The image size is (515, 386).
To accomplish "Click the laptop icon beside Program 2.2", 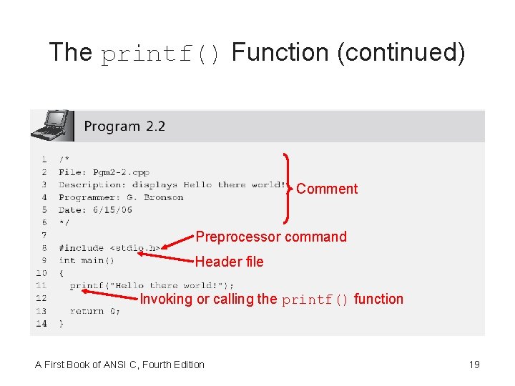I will [52, 125].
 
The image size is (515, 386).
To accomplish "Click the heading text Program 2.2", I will [124, 127].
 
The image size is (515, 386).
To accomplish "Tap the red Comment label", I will [327, 189].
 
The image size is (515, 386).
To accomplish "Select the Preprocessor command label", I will [271, 237].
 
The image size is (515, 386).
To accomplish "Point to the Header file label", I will [229, 262].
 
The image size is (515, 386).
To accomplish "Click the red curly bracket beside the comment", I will [288, 187].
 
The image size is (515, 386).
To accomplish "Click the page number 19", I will [474, 365].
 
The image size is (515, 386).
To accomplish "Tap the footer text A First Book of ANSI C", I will [119, 365].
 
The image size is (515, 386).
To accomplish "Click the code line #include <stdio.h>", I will [109, 248].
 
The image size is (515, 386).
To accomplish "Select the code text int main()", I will [87, 260].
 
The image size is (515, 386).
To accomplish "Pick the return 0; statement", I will [95, 311].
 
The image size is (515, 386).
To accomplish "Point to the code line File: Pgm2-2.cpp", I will [104, 172].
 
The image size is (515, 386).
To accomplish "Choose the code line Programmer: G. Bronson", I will [121, 197].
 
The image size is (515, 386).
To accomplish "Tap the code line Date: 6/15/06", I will [95, 210].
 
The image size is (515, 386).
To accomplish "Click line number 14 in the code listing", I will [41, 323].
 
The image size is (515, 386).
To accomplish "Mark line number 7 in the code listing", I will [44, 235].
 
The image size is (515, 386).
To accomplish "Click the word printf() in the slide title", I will [162, 53].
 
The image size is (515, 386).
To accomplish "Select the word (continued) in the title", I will [401, 52].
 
